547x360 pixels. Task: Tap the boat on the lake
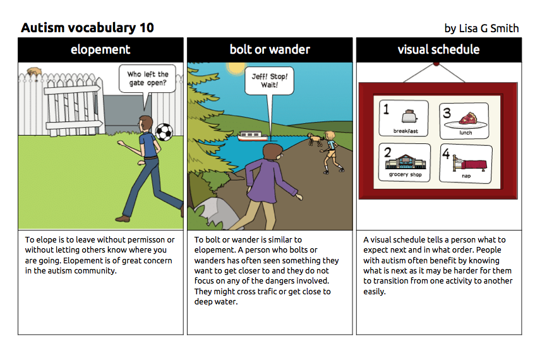(x=253, y=136)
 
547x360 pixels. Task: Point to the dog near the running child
(x=315, y=139)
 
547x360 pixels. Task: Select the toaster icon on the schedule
(x=409, y=116)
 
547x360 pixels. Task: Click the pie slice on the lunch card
(x=468, y=119)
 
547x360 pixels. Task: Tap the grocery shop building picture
(x=406, y=162)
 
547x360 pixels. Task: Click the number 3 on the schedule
(x=447, y=113)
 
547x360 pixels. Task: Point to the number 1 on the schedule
(x=386, y=109)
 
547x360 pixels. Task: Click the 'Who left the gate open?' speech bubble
(x=147, y=79)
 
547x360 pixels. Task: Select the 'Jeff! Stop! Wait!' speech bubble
(x=269, y=81)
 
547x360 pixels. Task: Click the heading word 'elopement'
(x=100, y=49)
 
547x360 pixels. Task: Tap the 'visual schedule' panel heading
(x=438, y=49)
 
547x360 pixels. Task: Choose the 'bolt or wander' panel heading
(x=270, y=49)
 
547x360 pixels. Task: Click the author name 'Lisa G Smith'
(x=489, y=28)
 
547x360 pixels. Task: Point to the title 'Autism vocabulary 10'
(x=87, y=28)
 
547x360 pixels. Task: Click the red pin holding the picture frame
(x=436, y=64)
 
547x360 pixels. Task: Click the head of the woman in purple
(x=272, y=153)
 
